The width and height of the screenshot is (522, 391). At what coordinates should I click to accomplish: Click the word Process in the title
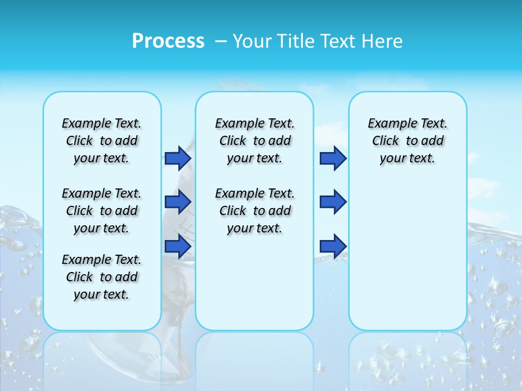(168, 41)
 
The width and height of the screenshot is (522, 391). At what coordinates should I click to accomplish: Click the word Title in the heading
(295, 41)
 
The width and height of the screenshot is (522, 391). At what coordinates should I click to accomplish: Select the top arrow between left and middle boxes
(178, 158)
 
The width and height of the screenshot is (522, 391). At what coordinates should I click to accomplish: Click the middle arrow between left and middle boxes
(178, 202)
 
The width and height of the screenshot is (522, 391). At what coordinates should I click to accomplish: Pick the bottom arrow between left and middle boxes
(178, 247)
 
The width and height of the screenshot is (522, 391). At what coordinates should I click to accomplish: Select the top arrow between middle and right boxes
(333, 158)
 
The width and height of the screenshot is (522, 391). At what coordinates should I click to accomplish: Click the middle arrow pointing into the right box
(333, 202)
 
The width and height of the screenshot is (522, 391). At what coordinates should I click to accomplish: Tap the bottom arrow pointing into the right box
(333, 247)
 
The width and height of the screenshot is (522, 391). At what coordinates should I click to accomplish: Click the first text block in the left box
(102, 141)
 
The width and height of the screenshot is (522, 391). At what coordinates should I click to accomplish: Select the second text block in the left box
(102, 211)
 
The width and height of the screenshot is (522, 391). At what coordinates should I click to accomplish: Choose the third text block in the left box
(102, 277)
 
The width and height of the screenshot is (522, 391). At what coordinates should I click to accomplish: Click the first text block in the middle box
(254, 141)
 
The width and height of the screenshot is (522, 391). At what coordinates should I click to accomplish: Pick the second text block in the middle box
(254, 211)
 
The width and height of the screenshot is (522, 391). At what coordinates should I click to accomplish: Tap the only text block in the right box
(408, 141)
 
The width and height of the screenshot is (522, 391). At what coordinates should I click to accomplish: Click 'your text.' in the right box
(408, 158)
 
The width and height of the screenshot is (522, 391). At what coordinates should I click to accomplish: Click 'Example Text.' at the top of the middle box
(254, 123)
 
